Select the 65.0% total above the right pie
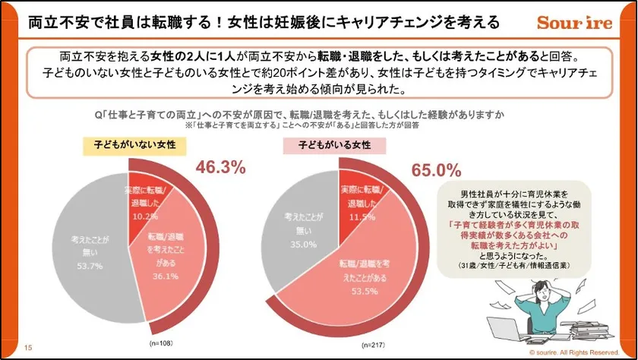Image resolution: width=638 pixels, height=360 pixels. coord(436,169)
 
